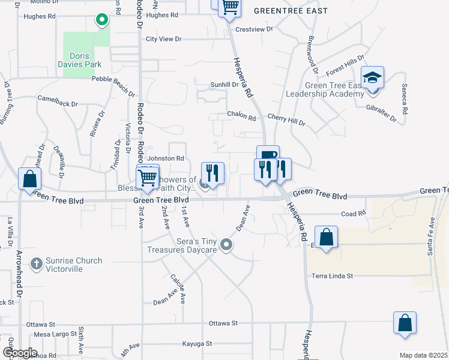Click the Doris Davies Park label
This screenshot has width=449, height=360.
(x=79, y=59)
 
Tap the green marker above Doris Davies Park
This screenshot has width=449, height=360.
(x=102, y=20)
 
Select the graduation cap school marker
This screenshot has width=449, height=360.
(x=372, y=78)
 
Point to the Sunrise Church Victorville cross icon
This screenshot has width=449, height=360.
(x=36, y=262)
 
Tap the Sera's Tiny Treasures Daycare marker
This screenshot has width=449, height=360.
(x=226, y=244)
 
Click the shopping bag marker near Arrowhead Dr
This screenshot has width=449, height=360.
(x=29, y=179)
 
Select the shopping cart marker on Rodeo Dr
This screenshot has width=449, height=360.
(x=147, y=177)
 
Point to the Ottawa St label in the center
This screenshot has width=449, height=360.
(x=223, y=323)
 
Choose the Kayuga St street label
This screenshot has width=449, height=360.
(x=197, y=344)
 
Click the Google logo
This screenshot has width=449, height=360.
(x=19, y=353)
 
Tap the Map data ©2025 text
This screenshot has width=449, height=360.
(x=423, y=355)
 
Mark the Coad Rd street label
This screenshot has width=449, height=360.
(x=353, y=214)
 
